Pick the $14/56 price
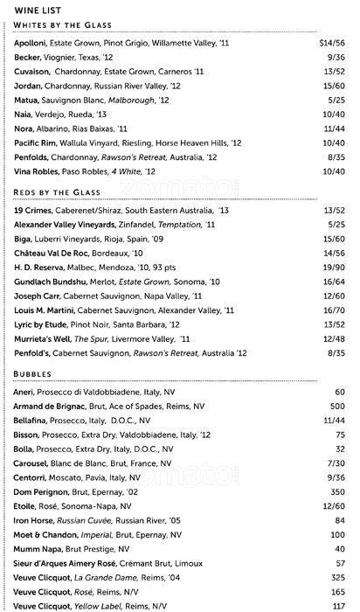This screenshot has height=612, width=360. pyautogui.click(x=333, y=42)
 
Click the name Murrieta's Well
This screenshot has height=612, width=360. pyautogui.click(x=43, y=337)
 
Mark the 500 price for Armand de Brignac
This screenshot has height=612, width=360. pyautogui.click(x=338, y=407)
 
